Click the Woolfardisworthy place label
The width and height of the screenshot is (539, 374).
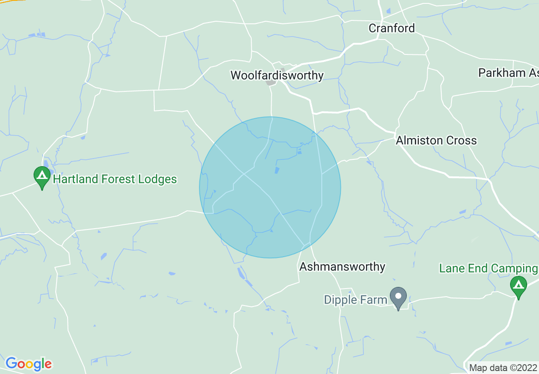[277, 76]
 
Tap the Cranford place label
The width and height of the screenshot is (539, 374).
[391, 28]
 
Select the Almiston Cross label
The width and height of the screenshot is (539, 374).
[436, 141]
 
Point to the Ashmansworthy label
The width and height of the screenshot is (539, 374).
[342, 267]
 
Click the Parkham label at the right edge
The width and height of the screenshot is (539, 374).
[508, 73]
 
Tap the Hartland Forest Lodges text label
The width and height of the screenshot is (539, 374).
[115, 179]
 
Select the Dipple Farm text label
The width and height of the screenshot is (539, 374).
[355, 300]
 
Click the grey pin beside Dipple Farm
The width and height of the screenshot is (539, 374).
[398, 297]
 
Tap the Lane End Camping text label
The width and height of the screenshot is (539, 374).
[488, 269]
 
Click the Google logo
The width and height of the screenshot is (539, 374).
[28, 364]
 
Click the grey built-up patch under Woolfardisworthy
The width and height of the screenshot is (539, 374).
[271, 82]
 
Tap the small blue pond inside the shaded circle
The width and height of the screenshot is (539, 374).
[277, 170]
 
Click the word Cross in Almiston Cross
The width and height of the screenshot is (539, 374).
[461, 141]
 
